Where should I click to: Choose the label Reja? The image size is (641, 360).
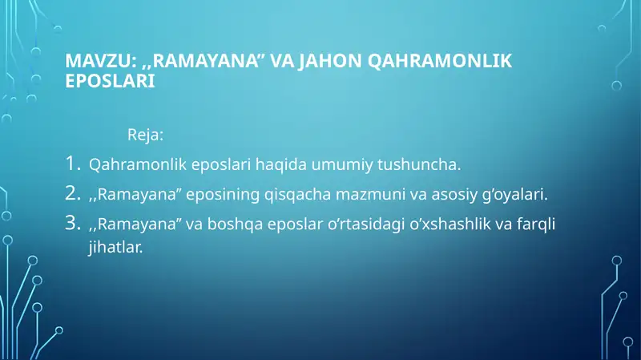[x=146, y=133]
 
